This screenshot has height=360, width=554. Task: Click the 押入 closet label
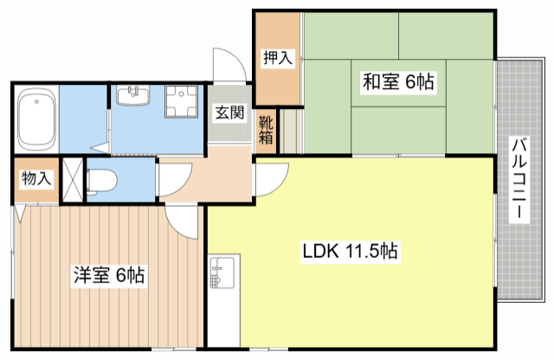[x=277, y=59]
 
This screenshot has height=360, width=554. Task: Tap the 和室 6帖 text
[x=397, y=82]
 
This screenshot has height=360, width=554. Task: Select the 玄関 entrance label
[x=229, y=112]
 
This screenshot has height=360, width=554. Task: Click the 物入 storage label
[x=35, y=179]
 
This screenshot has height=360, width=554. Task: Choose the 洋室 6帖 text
[x=108, y=276]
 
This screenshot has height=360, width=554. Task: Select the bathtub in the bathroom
[x=36, y=118]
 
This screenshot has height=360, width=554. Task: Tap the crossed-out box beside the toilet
[x=74, y=180]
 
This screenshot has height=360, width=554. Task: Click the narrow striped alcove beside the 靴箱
[x=290, y=130]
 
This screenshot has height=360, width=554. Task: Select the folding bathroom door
[x=104, y=147]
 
